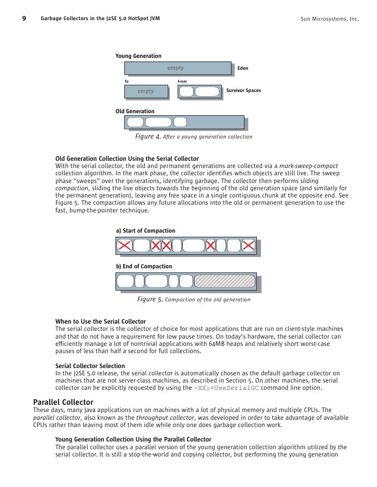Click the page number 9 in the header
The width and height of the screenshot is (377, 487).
coord(24,19)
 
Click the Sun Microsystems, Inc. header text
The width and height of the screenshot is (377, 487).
coord(329,20)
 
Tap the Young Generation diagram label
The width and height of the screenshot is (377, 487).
coord(138,56)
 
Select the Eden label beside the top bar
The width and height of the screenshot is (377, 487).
coord(242,68)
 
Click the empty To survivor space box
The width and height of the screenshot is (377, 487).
coord(146,92)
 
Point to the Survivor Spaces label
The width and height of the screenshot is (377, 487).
coord(243,90)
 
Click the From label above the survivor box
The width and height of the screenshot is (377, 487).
coord(182,81)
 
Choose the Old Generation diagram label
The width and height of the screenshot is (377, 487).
coord(135,111)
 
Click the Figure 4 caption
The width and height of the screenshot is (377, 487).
coord(194,137)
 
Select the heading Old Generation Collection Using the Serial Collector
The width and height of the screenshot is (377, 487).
coord(127,158)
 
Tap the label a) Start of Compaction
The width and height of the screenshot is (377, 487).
coord(146,231)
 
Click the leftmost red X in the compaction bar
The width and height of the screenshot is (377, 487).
coord(124,246)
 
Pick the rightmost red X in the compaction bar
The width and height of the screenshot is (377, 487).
coord(249,246)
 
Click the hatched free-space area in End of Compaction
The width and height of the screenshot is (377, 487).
coord(225,281)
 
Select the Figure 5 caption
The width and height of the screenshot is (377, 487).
coord(194,299)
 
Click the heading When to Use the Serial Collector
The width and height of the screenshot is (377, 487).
coord(100,322)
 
